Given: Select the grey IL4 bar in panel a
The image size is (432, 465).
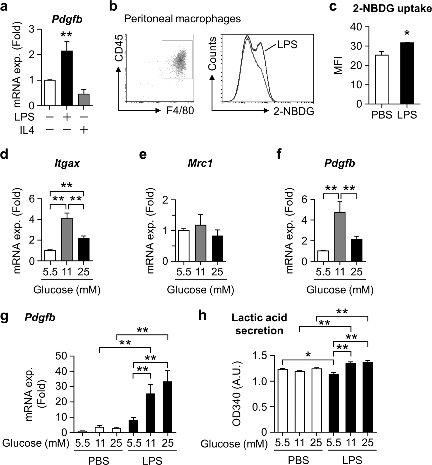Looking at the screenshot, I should coord(84,100).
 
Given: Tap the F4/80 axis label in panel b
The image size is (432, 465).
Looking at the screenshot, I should coord(180,111).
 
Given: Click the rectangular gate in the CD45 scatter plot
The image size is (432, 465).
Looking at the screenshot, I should coord(177,60).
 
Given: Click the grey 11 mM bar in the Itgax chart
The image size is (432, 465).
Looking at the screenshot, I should coord(67,240).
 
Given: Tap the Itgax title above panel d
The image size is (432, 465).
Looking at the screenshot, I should coord(67,163).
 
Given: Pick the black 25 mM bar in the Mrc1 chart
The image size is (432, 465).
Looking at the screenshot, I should coord(217,248).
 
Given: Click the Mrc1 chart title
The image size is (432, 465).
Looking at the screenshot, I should coord(200,163).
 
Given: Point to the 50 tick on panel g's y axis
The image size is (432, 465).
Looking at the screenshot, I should coord(62,356).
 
